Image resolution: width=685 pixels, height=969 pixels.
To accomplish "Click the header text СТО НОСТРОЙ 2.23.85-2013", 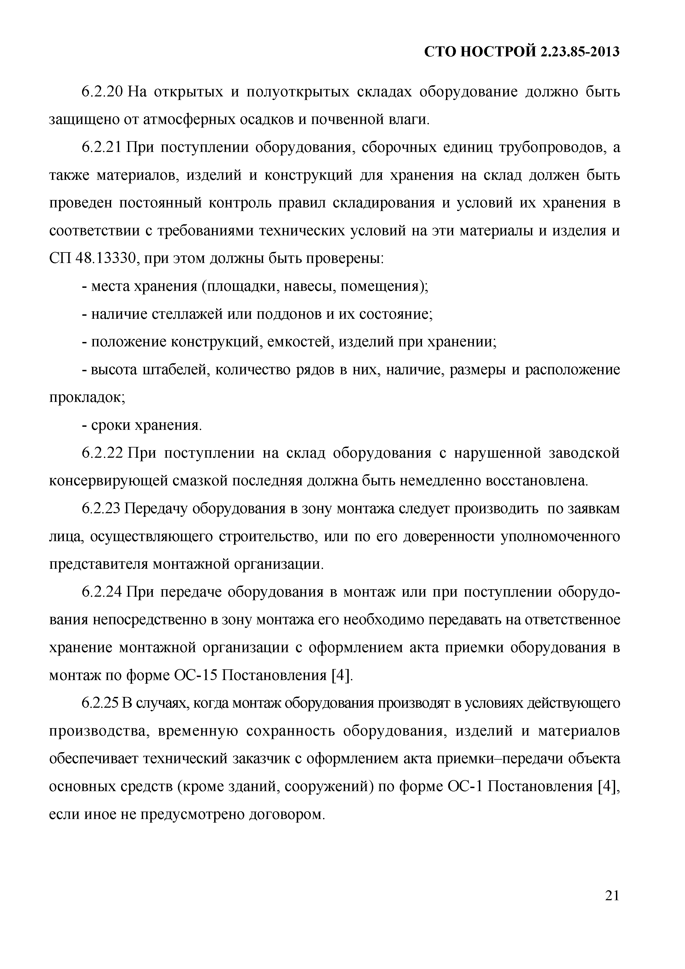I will pos(522,52).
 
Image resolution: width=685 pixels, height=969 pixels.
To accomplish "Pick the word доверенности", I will pos(449,537).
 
